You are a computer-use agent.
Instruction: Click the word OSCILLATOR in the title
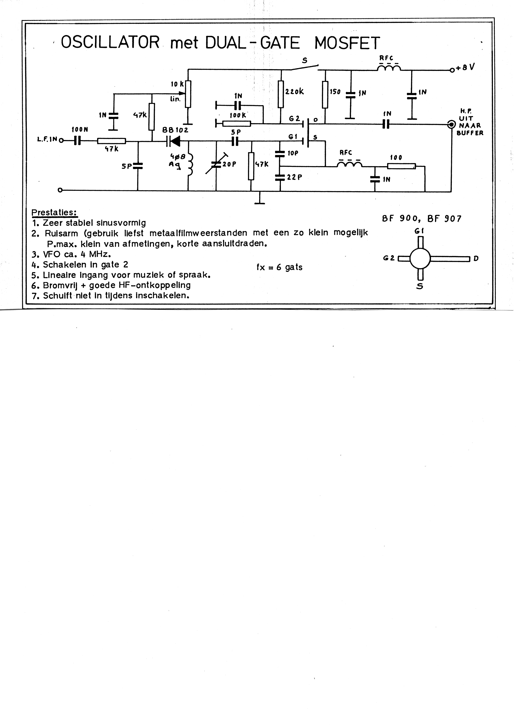(110, 43)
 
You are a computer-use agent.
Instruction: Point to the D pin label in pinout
(476, 258)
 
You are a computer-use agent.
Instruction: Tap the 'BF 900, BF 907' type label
(421, 219)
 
